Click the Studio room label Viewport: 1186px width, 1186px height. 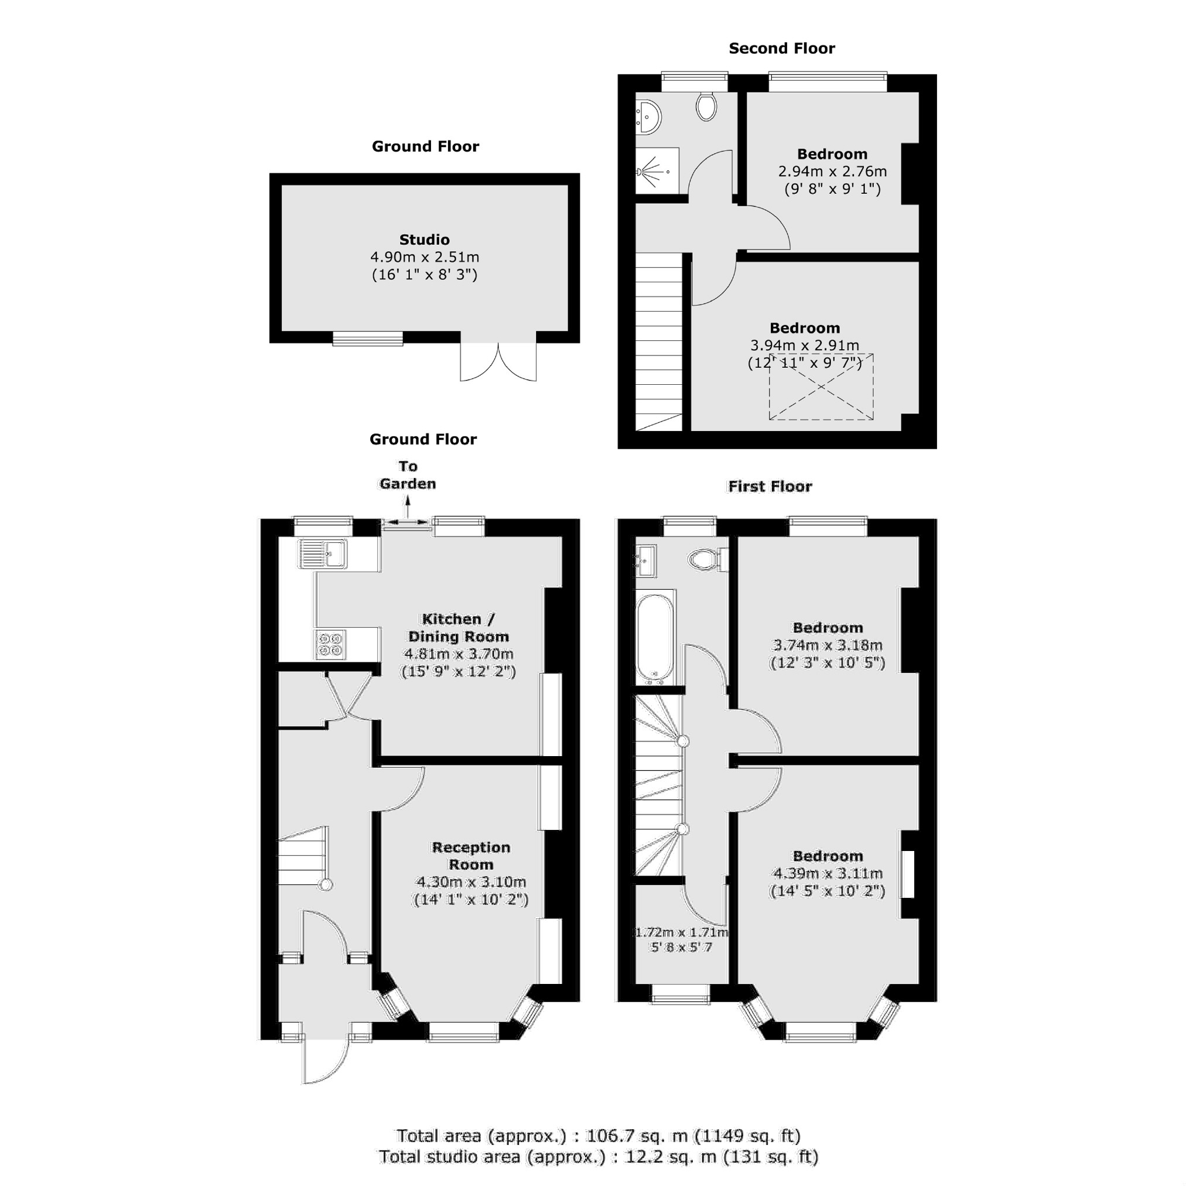[x=424, y=240]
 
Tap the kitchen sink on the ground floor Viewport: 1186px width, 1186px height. [x=323, y=554]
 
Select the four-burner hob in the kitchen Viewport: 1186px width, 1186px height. [x=330, y=645]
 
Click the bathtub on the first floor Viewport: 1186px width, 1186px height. [x=655, y=638]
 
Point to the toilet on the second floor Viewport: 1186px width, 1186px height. [x=706, y=107]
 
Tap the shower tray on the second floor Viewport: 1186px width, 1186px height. [x=656, y=170]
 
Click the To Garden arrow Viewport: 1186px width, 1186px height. [x=407, y=507]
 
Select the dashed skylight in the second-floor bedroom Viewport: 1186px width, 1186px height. [x=821, y=387]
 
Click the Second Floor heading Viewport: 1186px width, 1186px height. [x=781, y=49]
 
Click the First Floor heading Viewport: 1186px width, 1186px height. [x=769, y=487]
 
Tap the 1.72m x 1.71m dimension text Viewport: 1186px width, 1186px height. [x=680, y=932]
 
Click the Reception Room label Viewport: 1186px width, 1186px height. [x=471, y=856]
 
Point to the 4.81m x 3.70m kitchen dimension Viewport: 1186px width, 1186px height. [x=458, y=654]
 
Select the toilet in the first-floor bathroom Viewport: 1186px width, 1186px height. [x=706, y=559]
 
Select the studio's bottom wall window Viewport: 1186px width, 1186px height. [x=367, y=339]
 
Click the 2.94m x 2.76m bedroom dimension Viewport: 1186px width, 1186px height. [x=832, y=171]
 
